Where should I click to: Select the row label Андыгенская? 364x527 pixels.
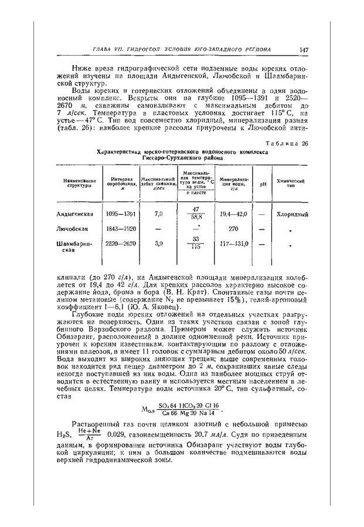coord(75,214)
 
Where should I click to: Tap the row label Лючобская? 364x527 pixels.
coord(72,228)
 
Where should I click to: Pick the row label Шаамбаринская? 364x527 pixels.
coord(73,247)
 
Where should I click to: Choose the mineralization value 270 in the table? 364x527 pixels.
coord(233,228)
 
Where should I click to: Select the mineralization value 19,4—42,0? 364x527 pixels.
coord(233,214)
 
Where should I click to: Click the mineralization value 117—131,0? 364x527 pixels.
coord(234,242)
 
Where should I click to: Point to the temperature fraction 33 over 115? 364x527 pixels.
coord(196,242)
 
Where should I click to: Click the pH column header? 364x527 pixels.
coord(262,184)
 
